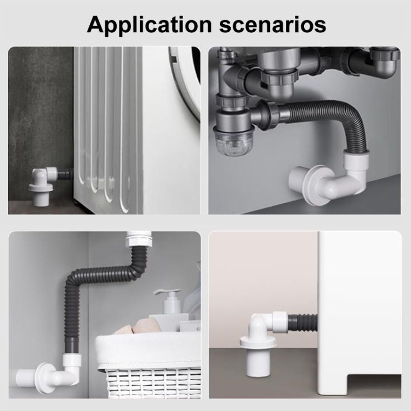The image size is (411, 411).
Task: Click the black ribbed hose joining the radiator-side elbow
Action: [x=65, y=174]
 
